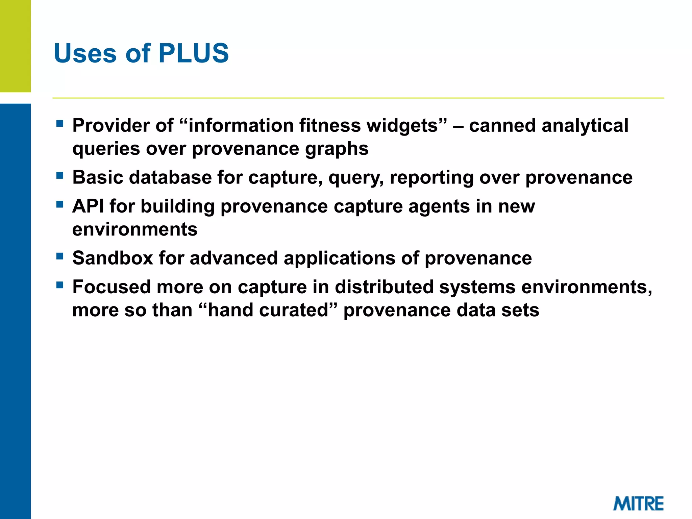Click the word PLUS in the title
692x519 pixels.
click(193, 53)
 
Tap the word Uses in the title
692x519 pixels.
click(85, 53)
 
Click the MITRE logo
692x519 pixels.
click(638, 504)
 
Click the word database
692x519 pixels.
click(170, 177)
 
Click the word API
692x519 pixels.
click(88, 206)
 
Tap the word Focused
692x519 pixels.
click(112, 287)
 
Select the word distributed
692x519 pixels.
click(384, 287)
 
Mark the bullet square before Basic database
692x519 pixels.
click(60, 175)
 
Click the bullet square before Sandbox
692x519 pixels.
click(60, 256)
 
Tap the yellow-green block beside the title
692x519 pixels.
click(15, 46)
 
